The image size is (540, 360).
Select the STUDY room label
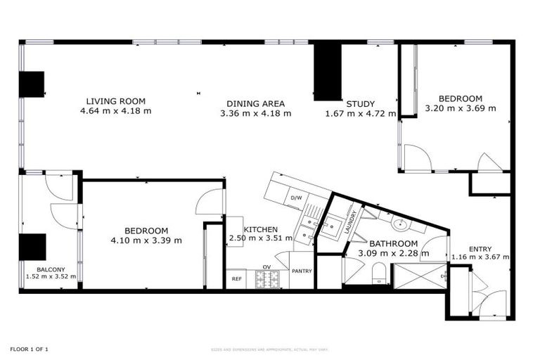point(360,103)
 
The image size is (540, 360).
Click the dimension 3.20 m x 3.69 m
point(461,108)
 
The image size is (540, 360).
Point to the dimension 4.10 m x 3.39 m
point(146,240)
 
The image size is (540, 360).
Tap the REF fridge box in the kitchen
point(237,279)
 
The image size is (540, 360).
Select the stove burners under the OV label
point(267,280)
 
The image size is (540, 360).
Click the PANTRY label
point(302,271)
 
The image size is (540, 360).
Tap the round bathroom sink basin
point(400,224)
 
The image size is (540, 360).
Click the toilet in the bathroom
point(379,271)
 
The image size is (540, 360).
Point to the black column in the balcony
point(32,247)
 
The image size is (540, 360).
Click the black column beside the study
point(327,70)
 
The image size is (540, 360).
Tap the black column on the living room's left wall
point(32,84)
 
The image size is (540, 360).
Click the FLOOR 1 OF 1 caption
point(29,349)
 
